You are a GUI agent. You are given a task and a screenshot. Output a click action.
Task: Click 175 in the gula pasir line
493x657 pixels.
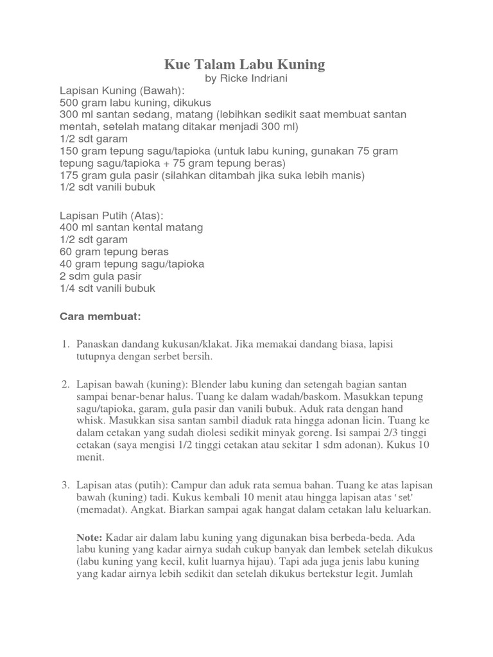[x=69, y=175]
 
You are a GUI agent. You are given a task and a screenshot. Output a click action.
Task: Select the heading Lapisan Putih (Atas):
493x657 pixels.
[x=112, y=215]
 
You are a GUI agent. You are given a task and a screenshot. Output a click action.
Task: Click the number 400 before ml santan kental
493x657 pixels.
[x=69, y=227]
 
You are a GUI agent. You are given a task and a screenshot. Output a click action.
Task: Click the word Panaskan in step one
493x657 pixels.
[x=97, y=345]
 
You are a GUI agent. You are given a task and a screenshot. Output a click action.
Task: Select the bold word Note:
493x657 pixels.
[x=89, y=536]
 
